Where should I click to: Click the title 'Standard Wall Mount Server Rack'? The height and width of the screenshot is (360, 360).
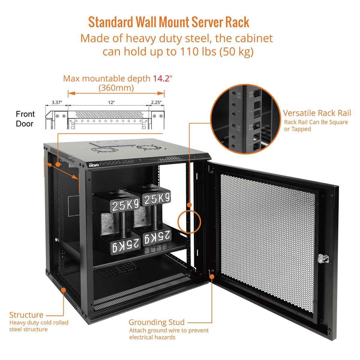(x=169, y=22)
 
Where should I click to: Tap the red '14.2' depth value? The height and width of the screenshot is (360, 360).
(x=161, y=79)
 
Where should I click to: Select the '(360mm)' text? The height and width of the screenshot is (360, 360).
(x=116, y=88)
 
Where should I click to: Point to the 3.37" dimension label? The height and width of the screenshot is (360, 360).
(x=57, y=102)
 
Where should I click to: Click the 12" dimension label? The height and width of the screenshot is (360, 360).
(x=111, y=102)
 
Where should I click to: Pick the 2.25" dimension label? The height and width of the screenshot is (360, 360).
(x=156, y=102)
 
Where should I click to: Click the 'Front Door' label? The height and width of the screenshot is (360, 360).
(x=25, y=119)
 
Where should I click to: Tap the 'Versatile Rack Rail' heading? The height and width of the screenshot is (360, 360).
(x=317, y=113)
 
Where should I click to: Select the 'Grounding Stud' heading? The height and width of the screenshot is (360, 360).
(x=156, y=322)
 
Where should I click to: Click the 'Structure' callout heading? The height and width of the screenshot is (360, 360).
(x=26, y=315)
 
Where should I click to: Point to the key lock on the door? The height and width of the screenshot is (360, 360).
(x=321, y=258)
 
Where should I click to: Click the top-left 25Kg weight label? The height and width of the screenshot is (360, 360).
(x=125, y=205)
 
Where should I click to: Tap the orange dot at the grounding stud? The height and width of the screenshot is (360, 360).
(x=212, y=276)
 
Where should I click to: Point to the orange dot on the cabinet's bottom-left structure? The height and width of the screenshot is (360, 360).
(x=63, y=290)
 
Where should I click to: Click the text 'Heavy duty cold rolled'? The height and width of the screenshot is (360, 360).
(x=39, y=322)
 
